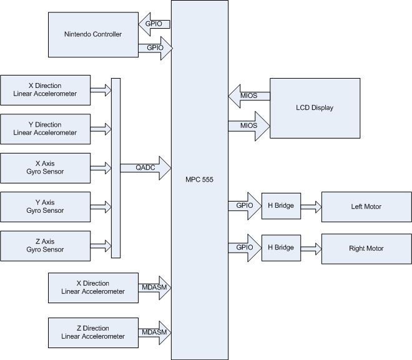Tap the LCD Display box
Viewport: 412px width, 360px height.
tap(315, 108)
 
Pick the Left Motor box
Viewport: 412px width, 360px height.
tap(366, 207)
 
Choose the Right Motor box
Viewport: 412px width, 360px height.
tap(366, 248)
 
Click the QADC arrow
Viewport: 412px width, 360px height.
tap(150, 168)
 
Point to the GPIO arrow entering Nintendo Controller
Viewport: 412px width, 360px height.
tap(153, 24)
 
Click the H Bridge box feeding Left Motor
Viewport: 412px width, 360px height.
tap(281, 206)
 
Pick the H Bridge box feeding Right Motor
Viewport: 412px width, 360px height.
tap(281, 248)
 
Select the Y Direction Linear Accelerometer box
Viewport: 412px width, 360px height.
tap(45, 129)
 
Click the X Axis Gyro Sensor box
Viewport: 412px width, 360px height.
tap(45, 168)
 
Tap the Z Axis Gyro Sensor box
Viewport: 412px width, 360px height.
tap(45, 245)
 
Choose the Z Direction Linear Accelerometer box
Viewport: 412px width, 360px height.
tap(94, 333)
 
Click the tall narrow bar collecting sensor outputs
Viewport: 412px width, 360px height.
tap(115, 168)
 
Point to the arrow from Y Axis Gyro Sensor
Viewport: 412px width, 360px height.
tap(101, 207)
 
